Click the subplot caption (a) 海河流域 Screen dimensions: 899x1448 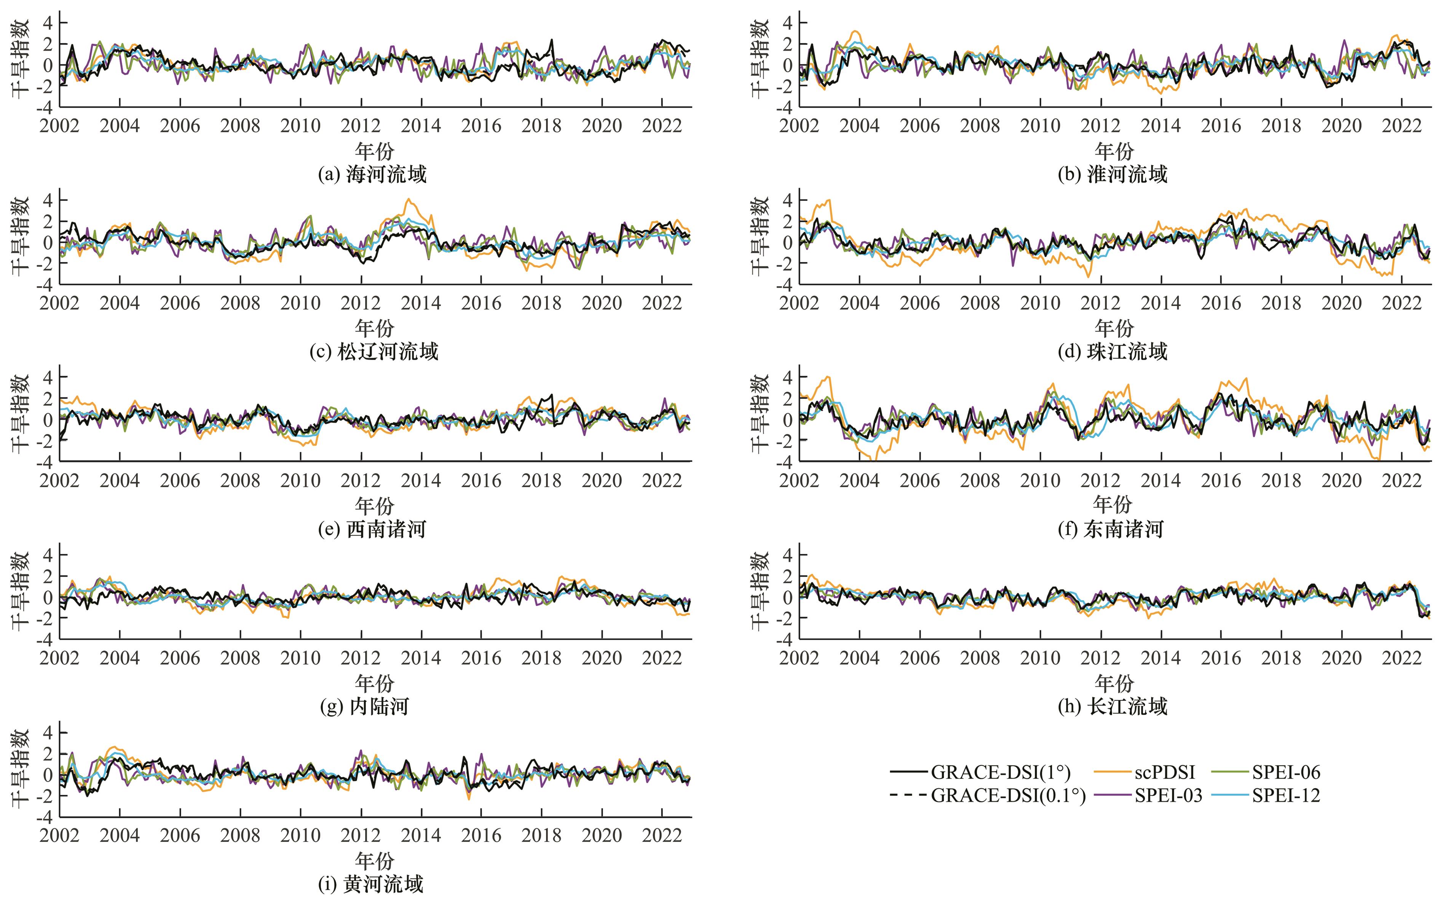pyautogui.click(x=373, y=175)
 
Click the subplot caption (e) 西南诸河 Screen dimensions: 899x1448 pyautogui.click(x=373, y=529)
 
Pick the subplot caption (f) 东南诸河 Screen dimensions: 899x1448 pyautogui.click(x=1111, y=529)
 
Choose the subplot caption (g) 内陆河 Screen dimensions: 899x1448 pyautogui.click(x=364, y=706)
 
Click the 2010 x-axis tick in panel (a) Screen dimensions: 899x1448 pyautogui.click(x=300, y=126)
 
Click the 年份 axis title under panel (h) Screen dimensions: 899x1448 pyautogui.click(x=1114, y=683)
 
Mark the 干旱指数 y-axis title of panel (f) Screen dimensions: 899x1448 pyautogui.click(x=760, y=413)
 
